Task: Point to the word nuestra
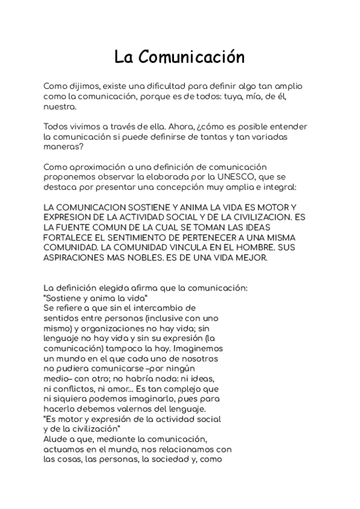[x=59, y=107]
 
